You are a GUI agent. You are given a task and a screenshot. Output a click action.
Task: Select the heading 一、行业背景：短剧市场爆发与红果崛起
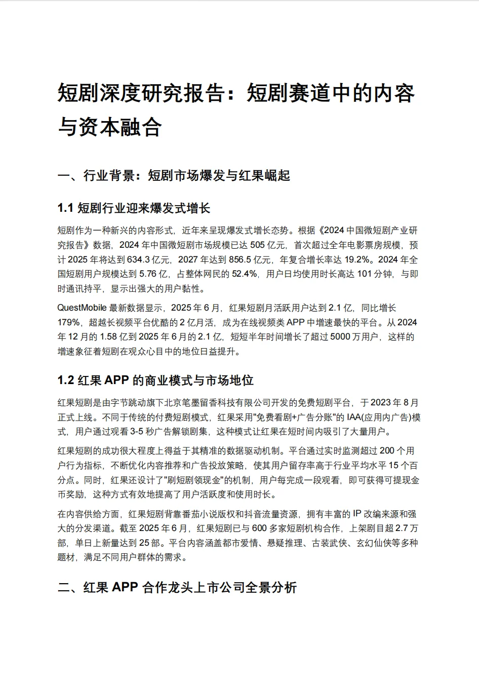pos(174,176)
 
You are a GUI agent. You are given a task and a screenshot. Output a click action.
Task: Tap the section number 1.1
pos(66,208)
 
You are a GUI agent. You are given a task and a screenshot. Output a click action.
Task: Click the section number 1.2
pos(66,381)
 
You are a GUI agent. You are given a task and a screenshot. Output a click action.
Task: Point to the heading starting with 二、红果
pos(177,588)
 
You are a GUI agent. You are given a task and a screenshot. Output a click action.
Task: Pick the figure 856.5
pos(239,260)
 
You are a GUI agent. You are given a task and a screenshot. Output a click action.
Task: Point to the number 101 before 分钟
pos(365,275)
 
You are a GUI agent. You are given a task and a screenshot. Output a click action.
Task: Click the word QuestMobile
pos(82,308)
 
